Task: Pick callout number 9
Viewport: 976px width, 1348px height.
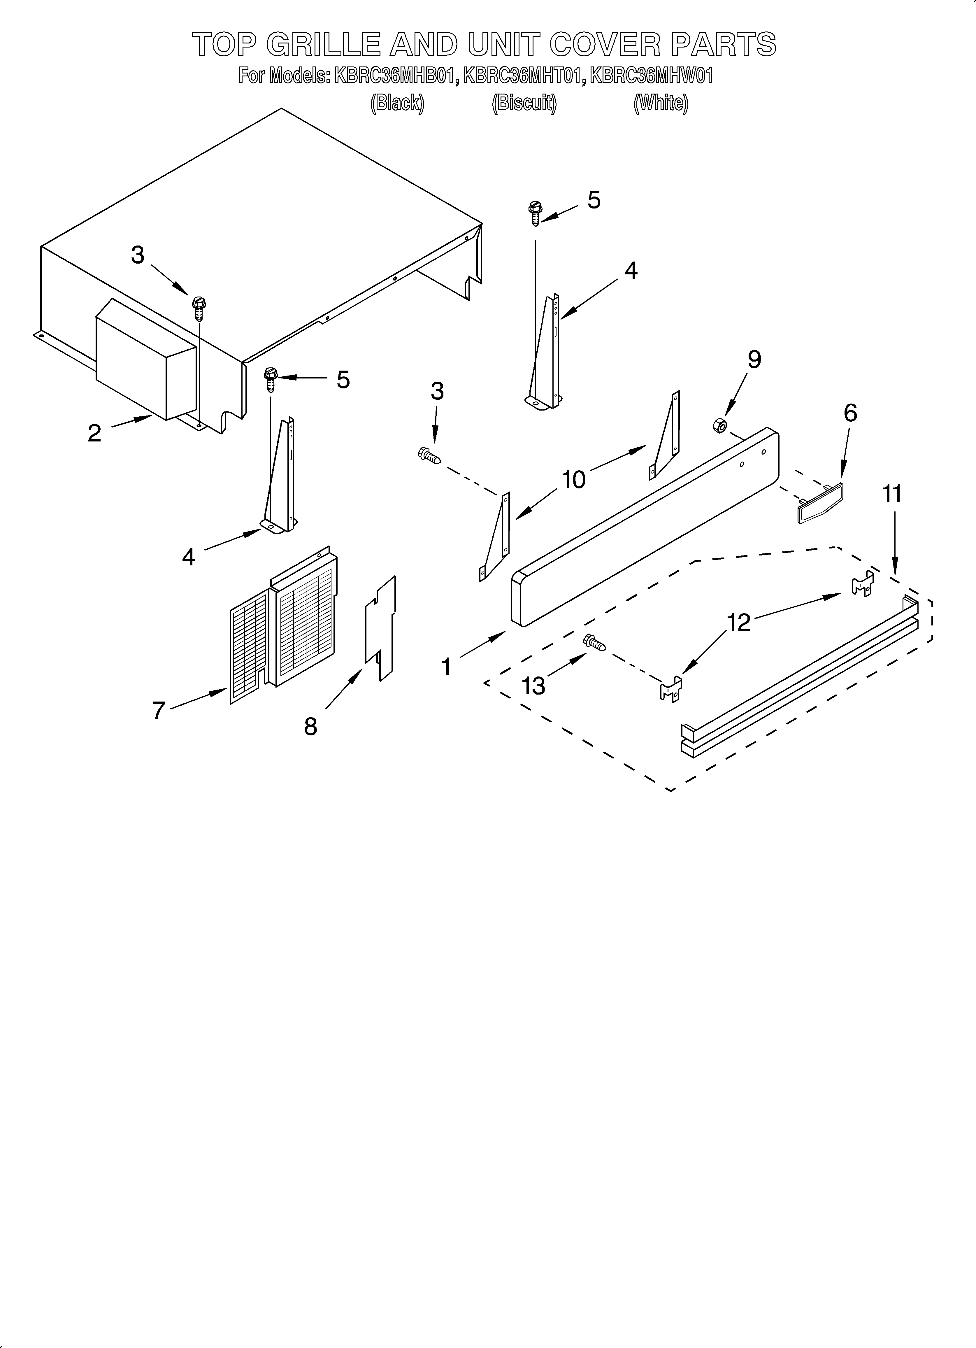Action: point(754,360)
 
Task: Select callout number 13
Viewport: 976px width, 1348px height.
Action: point(533,686)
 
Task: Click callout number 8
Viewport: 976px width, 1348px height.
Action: point(310,726)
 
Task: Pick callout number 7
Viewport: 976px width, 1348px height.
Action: point(158,710)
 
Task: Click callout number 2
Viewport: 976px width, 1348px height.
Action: point(94,433)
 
